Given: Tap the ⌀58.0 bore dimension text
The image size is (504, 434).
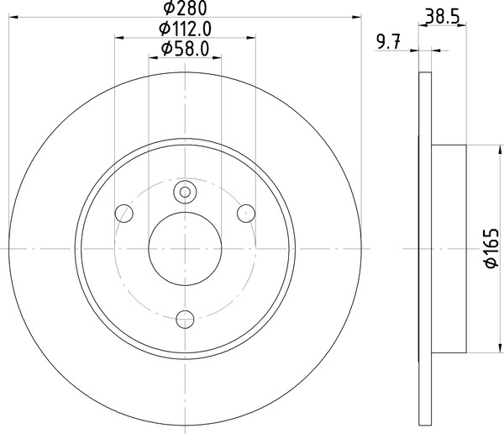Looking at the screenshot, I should (x=185, y=49).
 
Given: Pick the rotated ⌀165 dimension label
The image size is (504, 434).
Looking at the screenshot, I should (x=491, y=249).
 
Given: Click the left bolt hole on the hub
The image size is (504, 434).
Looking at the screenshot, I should (x=123, y=212).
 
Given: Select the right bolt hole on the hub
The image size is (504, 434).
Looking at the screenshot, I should (x=246, y=212).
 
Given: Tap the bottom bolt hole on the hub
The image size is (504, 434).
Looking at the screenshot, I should (x=185, y=317).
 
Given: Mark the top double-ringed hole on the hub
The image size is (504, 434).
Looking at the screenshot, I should (x=185, y=193).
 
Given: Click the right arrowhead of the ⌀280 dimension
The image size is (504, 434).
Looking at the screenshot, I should (x=356, y=17).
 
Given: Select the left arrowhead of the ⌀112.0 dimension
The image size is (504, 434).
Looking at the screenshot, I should (x=118, y=37).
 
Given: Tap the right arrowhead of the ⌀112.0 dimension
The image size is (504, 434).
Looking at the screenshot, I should (x=251, y=37).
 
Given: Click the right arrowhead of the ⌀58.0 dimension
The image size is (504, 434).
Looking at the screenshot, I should (x=217, y=57).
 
